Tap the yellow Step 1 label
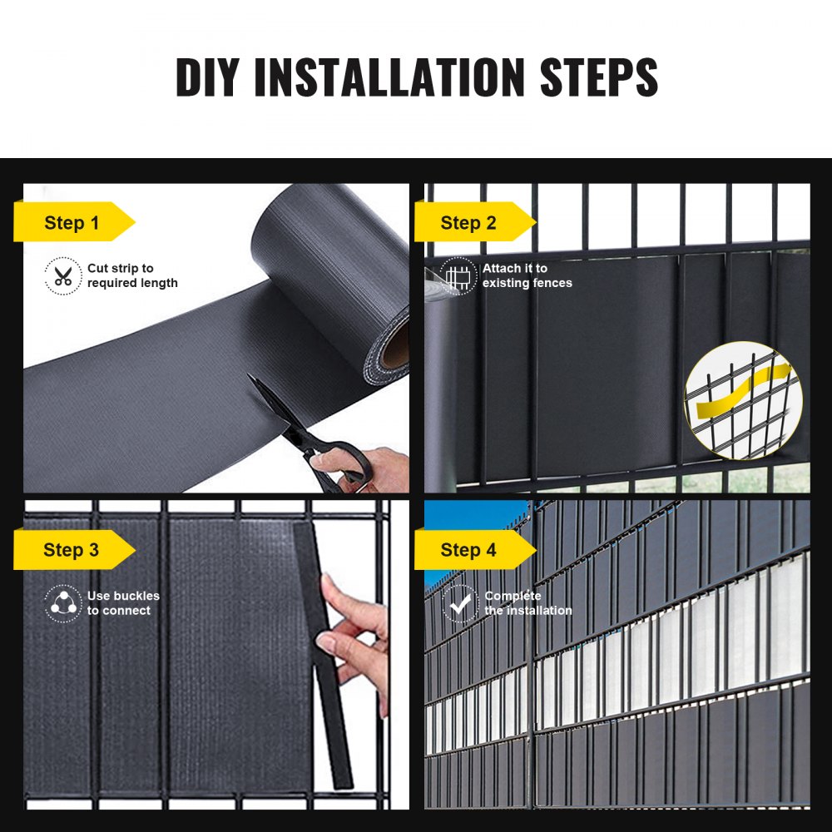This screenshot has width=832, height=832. click(73, 222)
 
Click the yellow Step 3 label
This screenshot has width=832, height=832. click(73, 550)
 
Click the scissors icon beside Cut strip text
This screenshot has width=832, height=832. click(63, 275)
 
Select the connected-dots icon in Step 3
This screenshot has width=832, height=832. click(63, 603)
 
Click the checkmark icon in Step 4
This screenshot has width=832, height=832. click(458, 603)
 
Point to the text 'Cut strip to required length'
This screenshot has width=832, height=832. click(131, 275)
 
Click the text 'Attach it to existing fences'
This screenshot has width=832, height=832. click(527, 275)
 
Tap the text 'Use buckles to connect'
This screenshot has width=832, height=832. click(123, 603)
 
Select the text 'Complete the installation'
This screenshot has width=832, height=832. click(527, 603)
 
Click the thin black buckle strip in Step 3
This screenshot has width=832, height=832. click(324, 666)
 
